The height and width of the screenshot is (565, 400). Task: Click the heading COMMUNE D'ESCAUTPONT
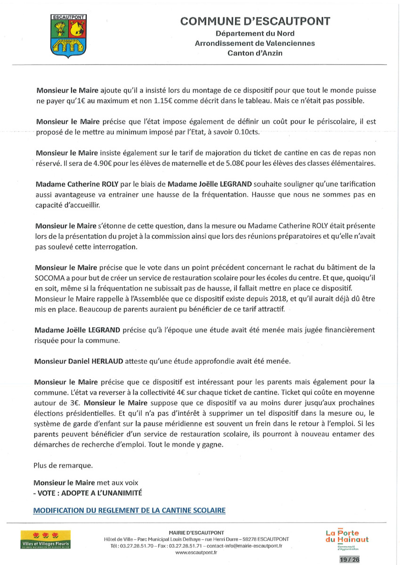(x=255, y=21)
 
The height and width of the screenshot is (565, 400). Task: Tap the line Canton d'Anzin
(x=255, y=53)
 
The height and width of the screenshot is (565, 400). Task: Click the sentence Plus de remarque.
(x=64, y=465)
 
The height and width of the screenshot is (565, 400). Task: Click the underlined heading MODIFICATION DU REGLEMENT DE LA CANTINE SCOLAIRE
(x=130, y=510)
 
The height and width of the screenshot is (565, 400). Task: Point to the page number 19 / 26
(x=349, y=559)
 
